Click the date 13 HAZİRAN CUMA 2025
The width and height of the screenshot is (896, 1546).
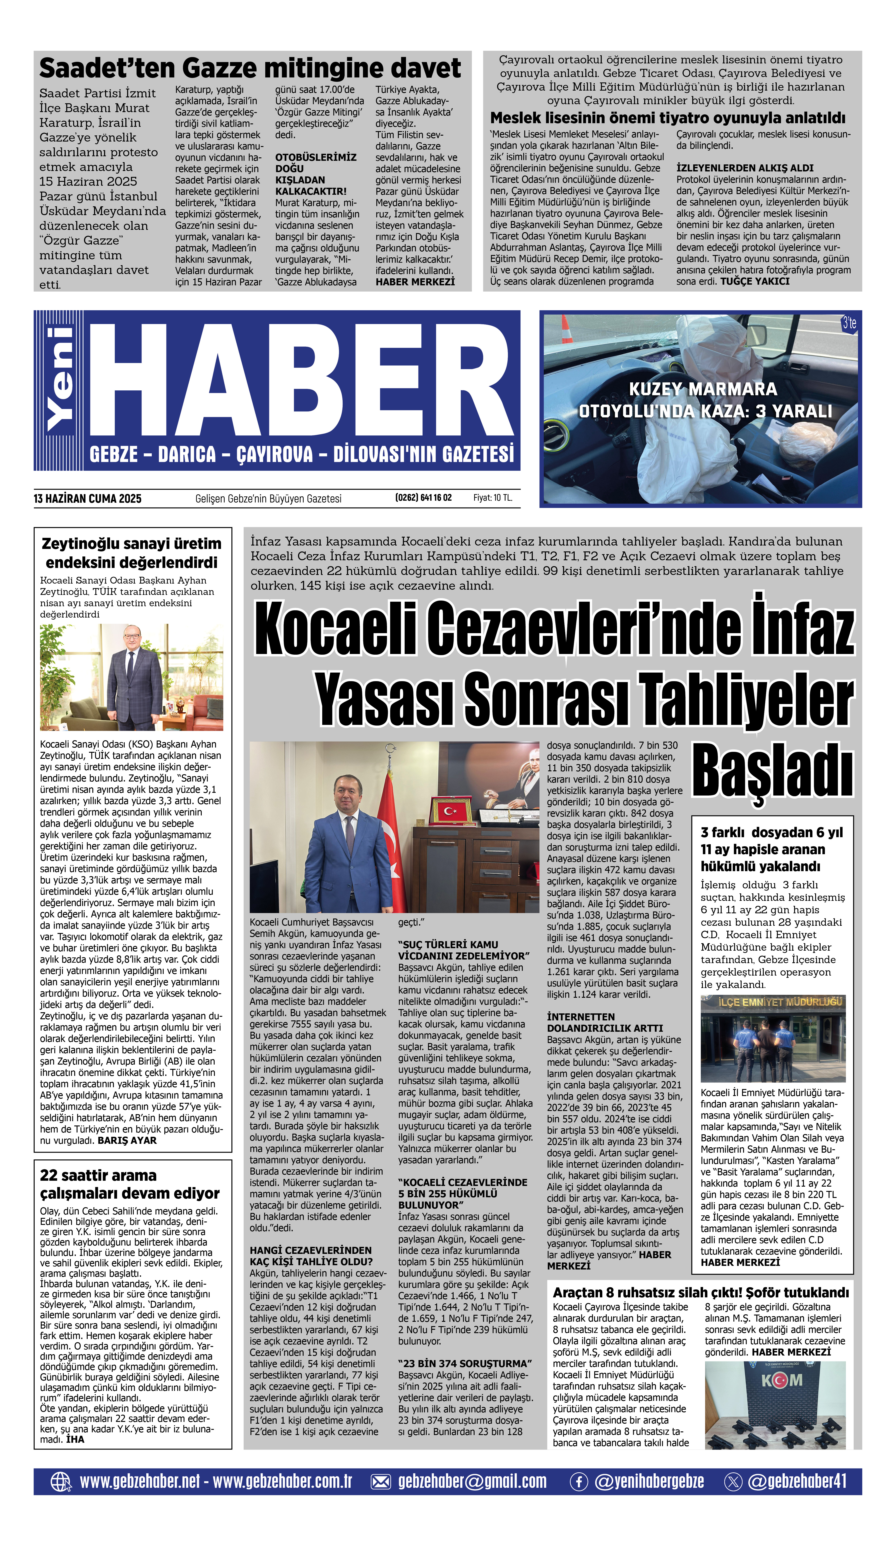(88, 499)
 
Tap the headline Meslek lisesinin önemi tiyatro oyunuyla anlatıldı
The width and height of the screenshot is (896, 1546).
(667, 118)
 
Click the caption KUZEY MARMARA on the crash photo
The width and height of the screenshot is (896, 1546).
(703, 389)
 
